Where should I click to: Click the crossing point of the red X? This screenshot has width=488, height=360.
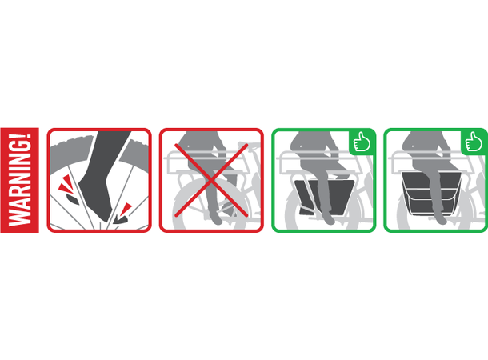pyautogui.click(x=211, y=180)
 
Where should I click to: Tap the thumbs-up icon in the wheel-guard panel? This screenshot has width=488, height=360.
pyautogui.click(x=362, y=142)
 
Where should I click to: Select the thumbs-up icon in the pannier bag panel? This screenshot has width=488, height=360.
pyautogui.click(x=474, y=142)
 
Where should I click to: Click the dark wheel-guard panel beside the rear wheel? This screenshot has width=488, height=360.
pyautogui.click(x=324, y=197)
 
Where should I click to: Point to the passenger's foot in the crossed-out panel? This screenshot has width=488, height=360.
pyautogui.click(x=217, y=218)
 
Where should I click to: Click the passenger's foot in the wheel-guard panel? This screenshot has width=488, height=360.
pyautogui.click(x=328, y=219)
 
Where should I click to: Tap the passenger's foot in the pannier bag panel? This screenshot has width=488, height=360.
pyautogui.click(x=440, y=219)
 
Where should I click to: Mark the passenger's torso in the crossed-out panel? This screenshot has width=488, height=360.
pyautogui.click(x=199, y=144)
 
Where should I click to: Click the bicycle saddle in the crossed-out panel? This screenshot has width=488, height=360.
pyautogui.click(x=249, y=145)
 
